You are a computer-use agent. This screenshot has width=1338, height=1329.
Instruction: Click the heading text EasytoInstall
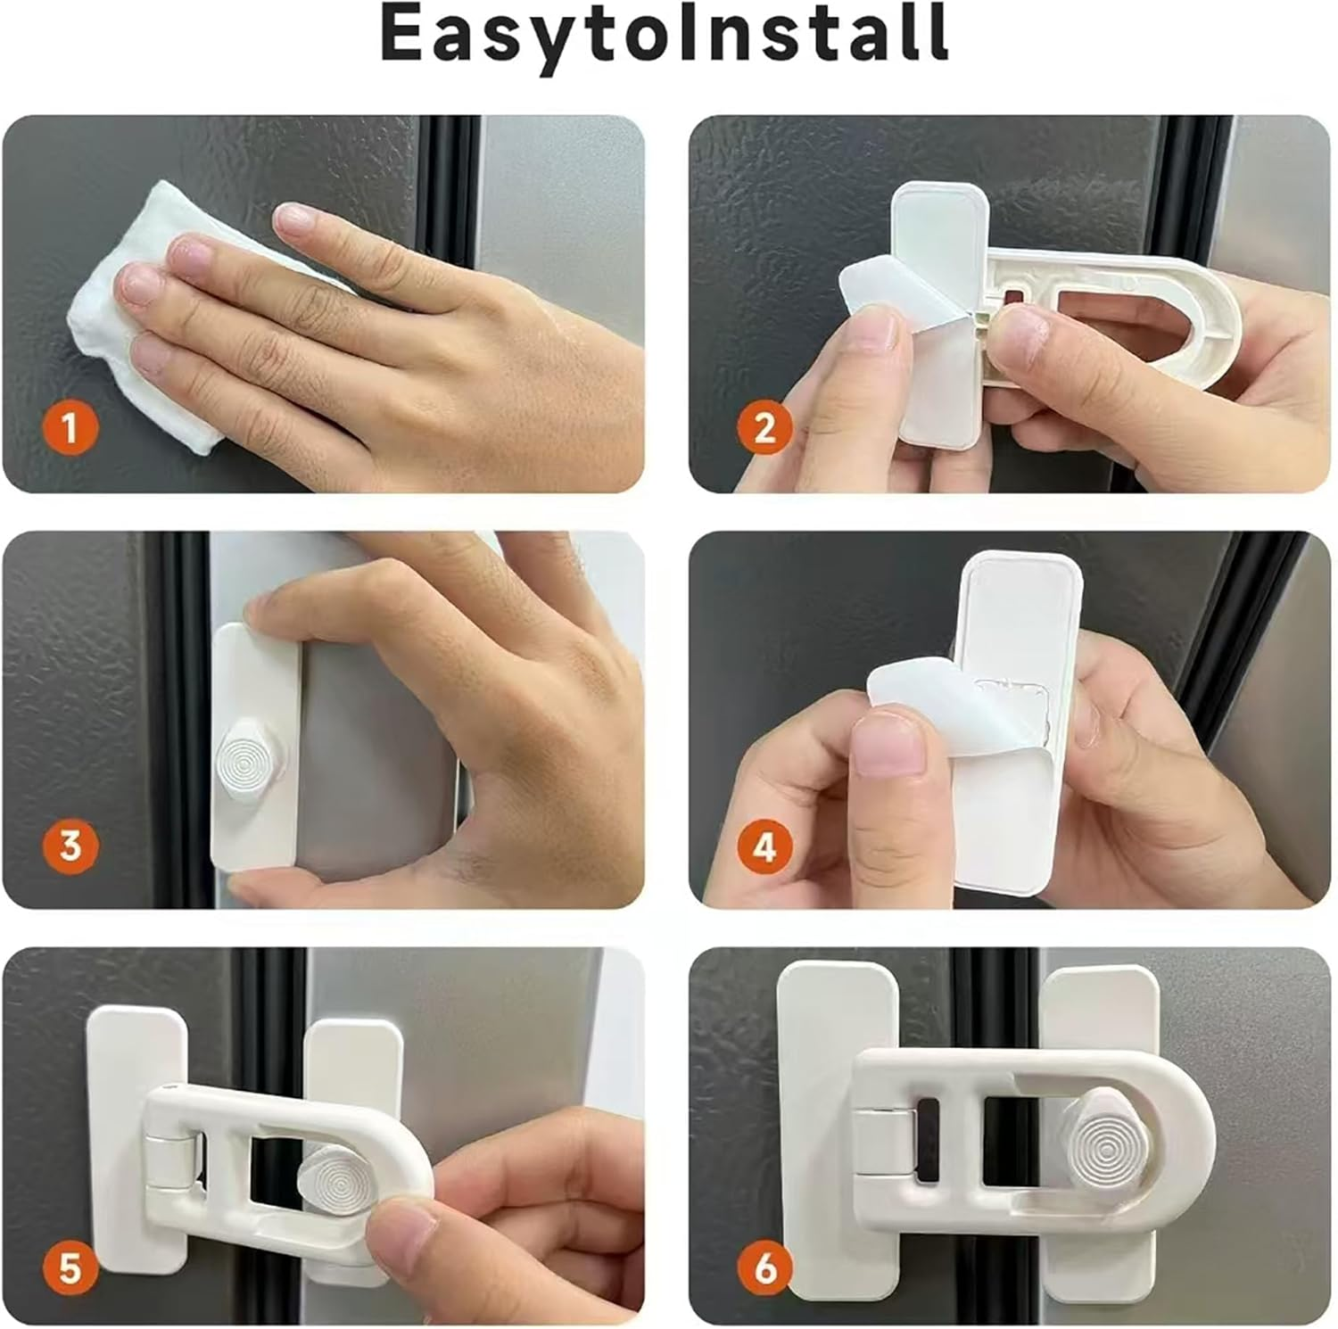665,34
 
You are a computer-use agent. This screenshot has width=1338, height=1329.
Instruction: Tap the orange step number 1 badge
70,429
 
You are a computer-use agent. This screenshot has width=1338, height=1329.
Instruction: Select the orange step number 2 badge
764,429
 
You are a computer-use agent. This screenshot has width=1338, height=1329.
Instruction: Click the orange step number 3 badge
70,845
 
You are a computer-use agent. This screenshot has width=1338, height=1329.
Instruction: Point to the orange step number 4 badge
764,846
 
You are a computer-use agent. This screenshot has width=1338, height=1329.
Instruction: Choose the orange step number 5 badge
70,1267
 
